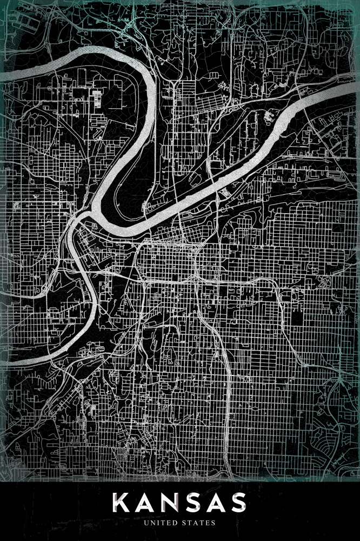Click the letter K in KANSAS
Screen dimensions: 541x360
tap(122, 503)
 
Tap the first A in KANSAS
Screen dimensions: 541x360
tap(145, 503)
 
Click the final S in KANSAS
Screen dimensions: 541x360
tap(238, 503)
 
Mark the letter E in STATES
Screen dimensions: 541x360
tap(209, 523)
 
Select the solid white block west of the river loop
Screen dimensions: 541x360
tap(96, 100)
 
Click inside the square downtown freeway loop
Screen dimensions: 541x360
tap(168, 262)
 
